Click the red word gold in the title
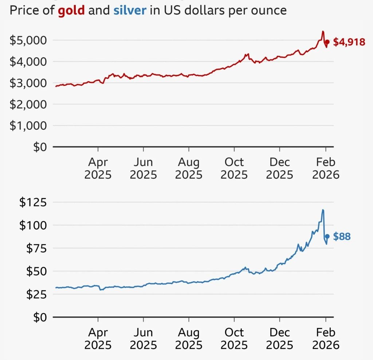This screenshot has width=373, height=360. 71,10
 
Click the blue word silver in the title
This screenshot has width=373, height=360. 130,10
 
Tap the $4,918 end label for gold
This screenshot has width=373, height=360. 349,42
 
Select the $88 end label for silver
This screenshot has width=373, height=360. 342,237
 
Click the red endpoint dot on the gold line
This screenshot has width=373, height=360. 327,42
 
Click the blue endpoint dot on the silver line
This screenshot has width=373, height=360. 327,236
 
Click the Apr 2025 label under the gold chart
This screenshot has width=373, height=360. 98,168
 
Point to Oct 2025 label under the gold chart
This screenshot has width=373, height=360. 234,168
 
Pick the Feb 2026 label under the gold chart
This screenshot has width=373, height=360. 325,168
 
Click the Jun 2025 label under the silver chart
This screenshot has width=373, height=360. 144,339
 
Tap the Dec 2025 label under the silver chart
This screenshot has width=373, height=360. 280,339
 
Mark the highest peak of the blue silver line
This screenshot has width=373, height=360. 323,210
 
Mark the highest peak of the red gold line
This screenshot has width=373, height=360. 323,31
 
